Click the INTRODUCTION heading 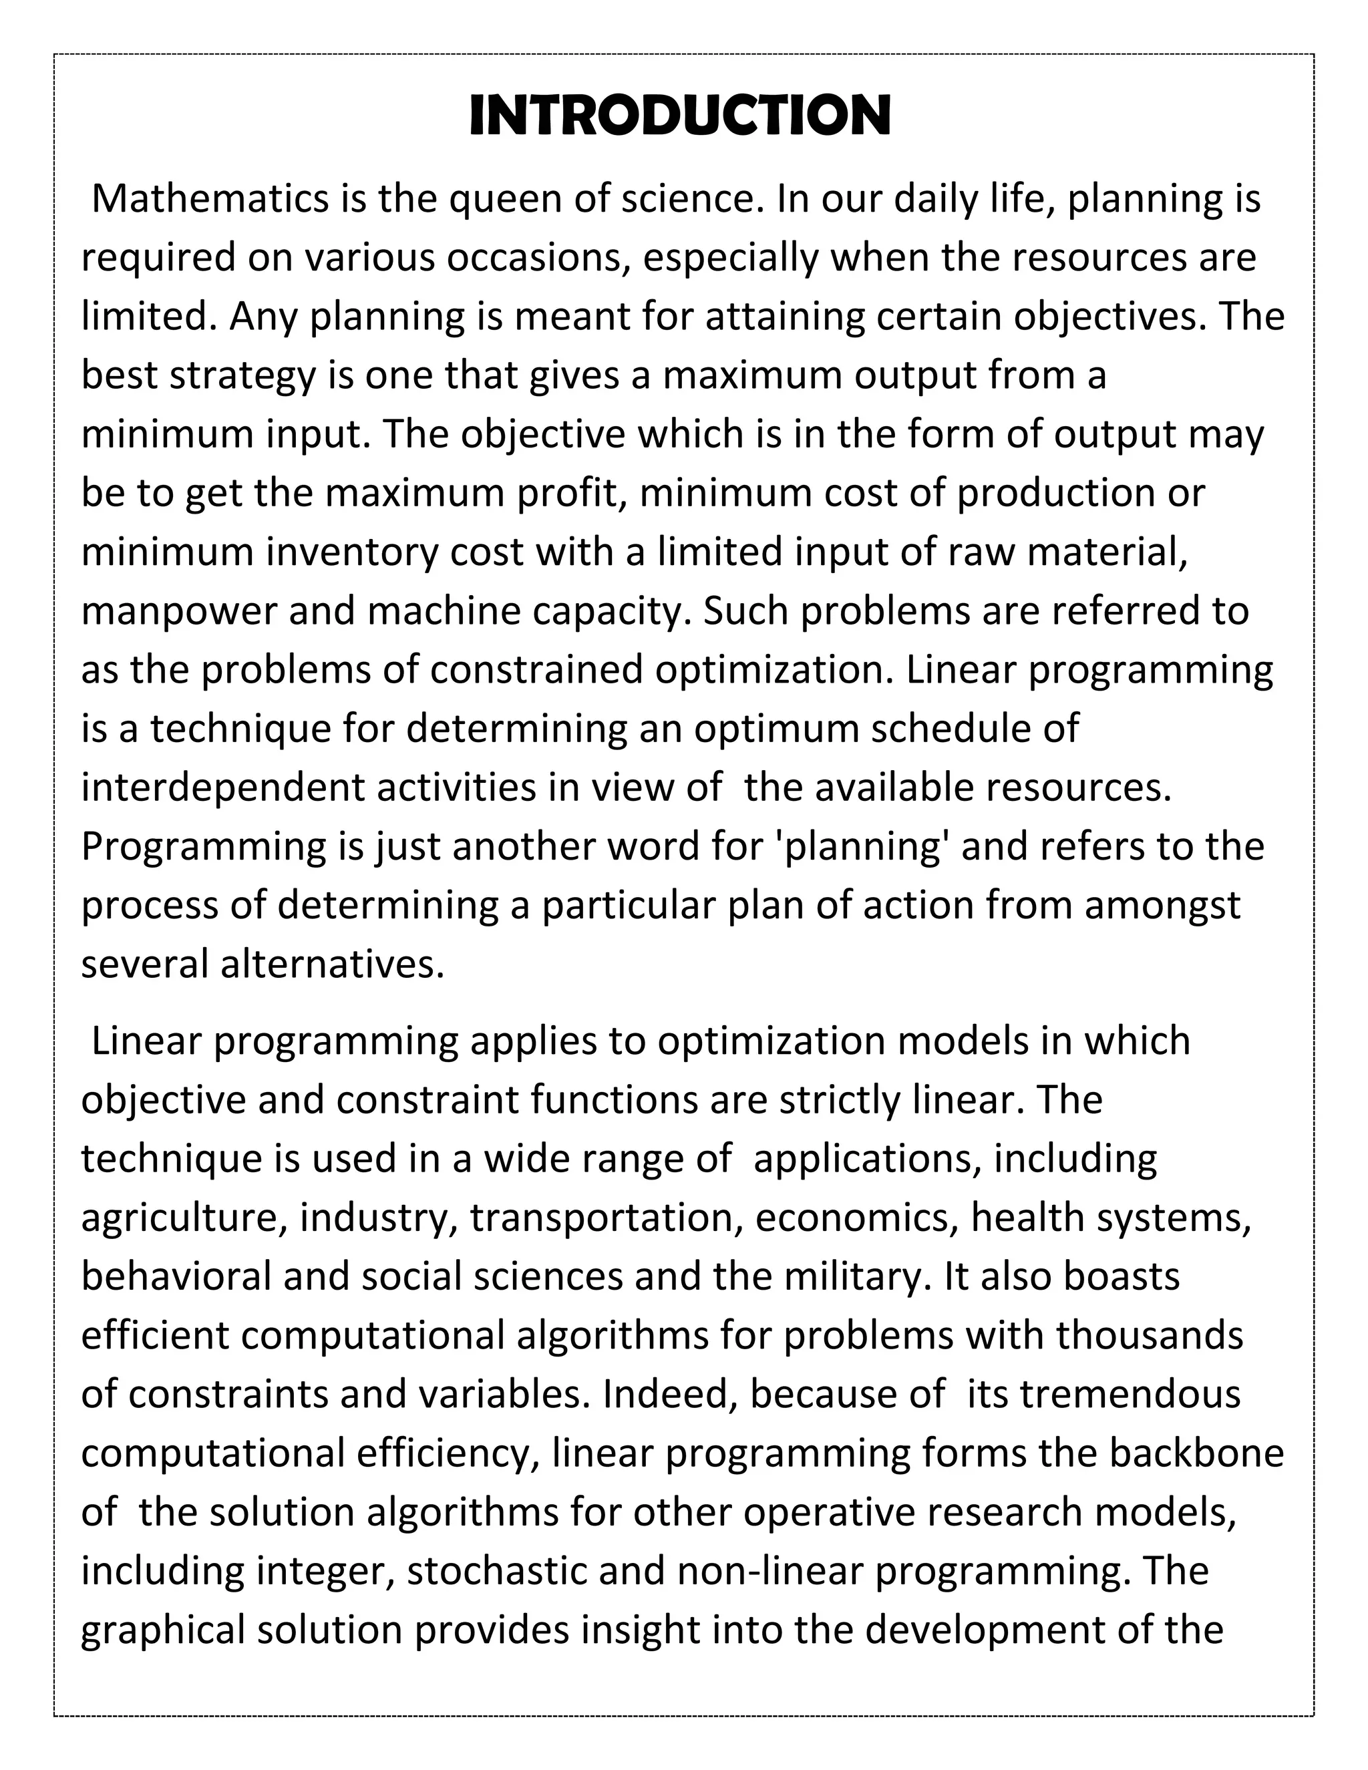pos(680,116)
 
